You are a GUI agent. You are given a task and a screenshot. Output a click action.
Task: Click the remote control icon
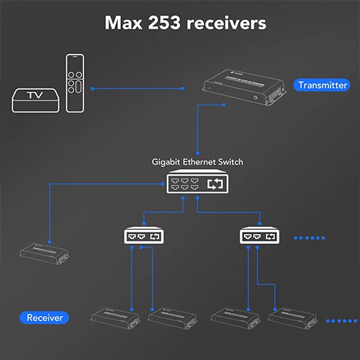click(76, 83)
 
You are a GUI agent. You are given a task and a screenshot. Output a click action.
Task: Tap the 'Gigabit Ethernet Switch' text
click(197, 162)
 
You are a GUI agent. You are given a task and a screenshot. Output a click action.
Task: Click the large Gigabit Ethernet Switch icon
click(197, 184)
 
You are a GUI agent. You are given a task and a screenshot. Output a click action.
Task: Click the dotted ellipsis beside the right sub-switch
click(310, 237)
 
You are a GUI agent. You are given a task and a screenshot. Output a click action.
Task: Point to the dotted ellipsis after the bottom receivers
click(341, 320)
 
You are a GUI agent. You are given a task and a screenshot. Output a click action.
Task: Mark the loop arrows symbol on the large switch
click(215, 184)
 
